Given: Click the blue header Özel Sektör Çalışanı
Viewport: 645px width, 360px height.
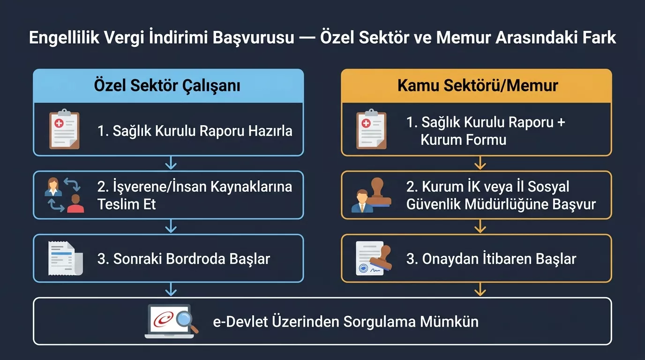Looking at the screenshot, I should point(168,86).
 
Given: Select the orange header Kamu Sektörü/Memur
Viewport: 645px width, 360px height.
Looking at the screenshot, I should point(477,86).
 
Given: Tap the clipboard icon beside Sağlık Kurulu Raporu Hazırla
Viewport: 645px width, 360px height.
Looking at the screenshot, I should point(64,130).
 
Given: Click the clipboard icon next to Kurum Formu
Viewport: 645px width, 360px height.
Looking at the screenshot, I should point(371,130).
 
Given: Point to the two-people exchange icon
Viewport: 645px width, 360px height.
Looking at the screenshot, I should point(64,195).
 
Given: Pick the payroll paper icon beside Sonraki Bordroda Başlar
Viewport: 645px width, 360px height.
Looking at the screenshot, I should point(65,258).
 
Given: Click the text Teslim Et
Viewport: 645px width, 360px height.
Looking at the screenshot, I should point(127,204).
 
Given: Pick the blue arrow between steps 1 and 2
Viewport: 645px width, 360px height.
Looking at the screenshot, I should point(171,163).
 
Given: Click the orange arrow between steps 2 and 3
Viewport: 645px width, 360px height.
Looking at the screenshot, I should point(480,227).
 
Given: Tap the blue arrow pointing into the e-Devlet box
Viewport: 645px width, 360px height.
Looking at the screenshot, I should point(171,290).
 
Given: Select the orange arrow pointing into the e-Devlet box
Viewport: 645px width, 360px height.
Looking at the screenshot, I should point(480,290).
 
